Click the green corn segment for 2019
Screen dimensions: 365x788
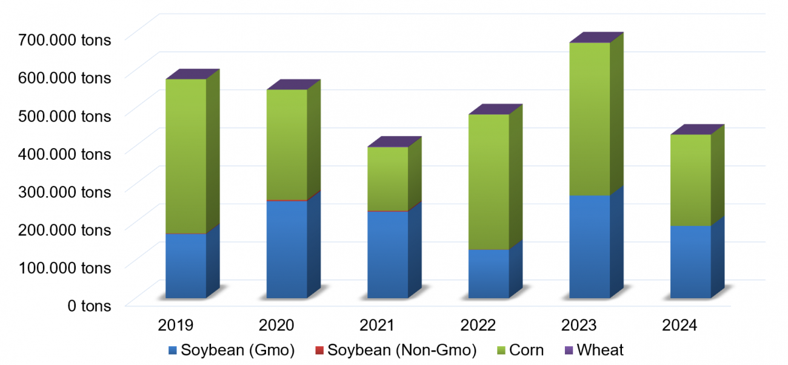185,155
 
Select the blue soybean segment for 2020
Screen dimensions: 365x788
287,249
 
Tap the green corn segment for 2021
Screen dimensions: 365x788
387,179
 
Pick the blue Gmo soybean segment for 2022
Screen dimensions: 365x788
488,273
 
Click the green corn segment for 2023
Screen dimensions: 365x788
589,119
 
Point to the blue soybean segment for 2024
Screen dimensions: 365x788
690,262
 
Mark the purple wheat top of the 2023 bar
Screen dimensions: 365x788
596,38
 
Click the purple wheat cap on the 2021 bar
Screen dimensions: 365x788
395,142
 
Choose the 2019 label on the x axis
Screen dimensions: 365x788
176,326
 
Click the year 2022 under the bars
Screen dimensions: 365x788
478,326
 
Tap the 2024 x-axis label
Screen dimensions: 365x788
680,326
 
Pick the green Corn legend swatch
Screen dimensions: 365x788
501,350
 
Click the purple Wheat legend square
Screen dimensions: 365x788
568,350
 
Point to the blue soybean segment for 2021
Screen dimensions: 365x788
387,254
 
